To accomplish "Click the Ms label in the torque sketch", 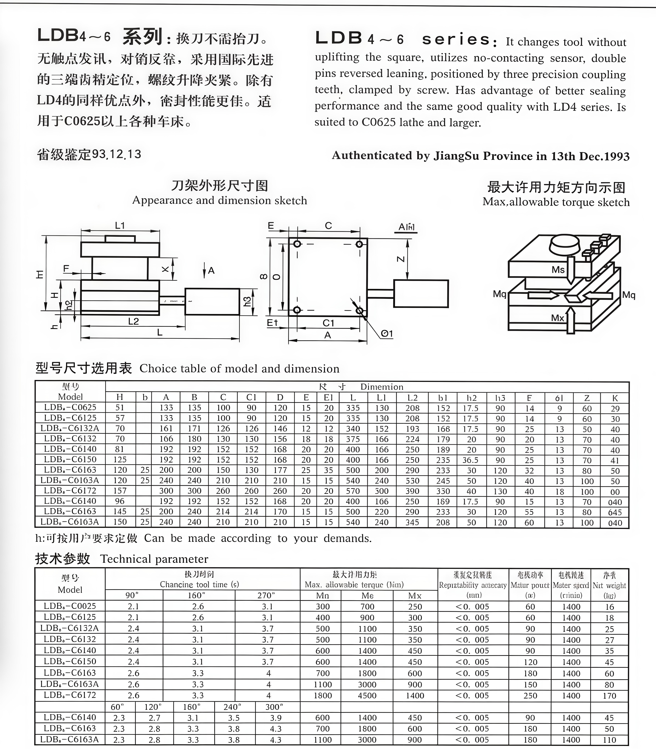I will tap(558, 270).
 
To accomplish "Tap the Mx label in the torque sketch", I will tap(557, 318).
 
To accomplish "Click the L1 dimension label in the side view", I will tap(120, 225).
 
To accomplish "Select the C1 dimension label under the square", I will tap(328, 323).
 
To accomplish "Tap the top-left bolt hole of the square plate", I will tap(297, 244).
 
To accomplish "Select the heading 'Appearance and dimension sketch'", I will tap(220, 200).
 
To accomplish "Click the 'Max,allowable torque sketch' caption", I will tap(556, 202).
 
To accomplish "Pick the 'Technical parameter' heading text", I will tap(154, 559).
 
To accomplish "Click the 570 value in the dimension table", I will tap(353, 491).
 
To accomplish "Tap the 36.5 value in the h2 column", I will tap(471, 460).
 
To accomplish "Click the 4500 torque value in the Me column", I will tap(367, 695).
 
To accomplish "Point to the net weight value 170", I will tap(609, 696).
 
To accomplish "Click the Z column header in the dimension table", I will tap(587, 398).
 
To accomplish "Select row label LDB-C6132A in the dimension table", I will tap(70, 428).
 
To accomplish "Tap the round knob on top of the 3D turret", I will tap(564, 244).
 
